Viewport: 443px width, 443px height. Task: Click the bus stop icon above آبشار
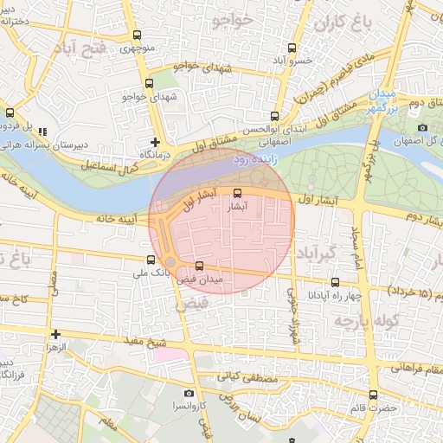point(238,194)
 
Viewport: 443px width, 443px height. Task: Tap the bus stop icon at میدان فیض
point(200,266)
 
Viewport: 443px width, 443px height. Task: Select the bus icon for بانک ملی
point(151,260)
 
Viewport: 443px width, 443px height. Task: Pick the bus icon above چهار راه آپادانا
point(336,282)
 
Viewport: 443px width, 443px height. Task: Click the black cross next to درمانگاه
point(155,142)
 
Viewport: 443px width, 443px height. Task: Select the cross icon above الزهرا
point(55,334)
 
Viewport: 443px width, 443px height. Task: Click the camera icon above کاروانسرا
point(189,394)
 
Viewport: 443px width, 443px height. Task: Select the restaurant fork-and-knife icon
point(42,131)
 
